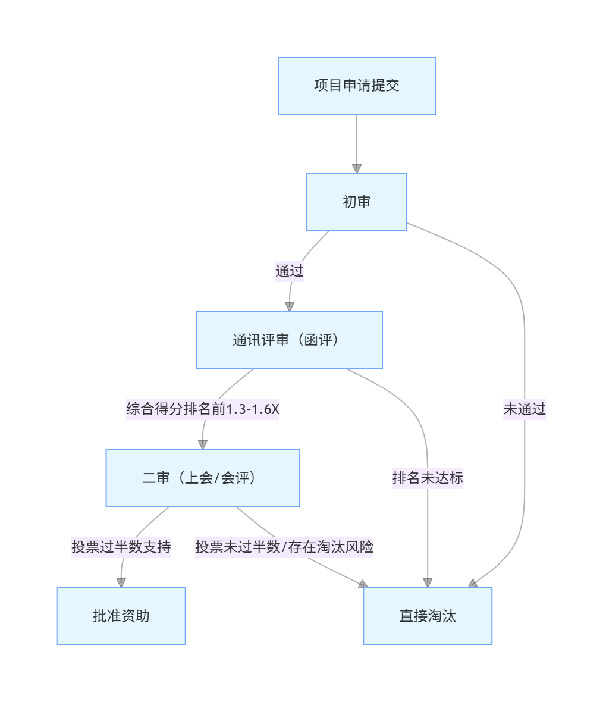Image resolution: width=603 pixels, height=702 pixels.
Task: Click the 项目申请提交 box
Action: [x=357, y=86]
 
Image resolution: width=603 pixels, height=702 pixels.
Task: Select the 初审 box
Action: [x=357, y=202]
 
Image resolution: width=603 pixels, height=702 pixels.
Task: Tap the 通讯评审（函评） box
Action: [x=290, y=340]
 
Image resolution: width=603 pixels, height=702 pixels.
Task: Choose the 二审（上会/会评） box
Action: [x=202, y=478]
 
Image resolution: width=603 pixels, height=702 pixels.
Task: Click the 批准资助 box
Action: [x=121, y=616]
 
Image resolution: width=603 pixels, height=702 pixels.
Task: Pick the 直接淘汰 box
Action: [x=428, y=616]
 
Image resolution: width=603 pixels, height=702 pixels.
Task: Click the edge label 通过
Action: [x=290, y=271]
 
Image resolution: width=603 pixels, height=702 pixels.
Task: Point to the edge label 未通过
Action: [x=525, y=409]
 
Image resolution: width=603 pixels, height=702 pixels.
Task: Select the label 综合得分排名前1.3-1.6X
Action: [x=202, y=409]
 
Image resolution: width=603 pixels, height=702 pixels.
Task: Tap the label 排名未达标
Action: [x=428, y=478]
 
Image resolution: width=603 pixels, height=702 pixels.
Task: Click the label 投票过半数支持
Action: [x=121, y=547]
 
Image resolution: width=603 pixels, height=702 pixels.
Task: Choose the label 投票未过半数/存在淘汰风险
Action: [x=284, y=547]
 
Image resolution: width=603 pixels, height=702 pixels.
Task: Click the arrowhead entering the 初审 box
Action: [x=357, y=168]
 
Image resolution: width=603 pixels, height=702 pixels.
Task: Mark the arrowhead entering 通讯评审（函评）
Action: [x=290, y=306]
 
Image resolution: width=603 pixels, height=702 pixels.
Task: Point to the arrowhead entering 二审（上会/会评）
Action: [x=202, y=444]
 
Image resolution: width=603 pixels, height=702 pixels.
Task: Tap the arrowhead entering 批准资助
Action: [x=121, y=582]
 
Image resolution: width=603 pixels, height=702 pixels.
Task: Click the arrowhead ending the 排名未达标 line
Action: [x=428, y=582]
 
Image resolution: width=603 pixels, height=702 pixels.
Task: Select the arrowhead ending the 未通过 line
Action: [x=473, y=584]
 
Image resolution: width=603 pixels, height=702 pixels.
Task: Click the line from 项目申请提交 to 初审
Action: [x=357, y=140]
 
